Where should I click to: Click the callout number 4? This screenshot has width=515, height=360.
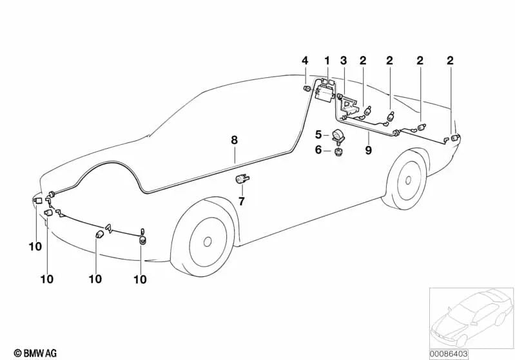click(305, 61)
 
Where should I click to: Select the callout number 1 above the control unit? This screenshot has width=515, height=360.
click(327, 61)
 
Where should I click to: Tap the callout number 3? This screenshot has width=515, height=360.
click(344, 61)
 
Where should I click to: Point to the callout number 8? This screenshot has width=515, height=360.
click(234, 140)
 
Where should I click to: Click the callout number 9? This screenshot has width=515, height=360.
click(368, 150)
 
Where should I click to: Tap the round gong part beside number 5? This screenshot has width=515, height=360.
click(338, 135)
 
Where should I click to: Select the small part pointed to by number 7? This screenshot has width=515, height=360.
click(242, 179)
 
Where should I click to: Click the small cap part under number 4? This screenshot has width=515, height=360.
click(307, 88)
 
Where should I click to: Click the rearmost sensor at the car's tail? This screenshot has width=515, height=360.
click(455, 138)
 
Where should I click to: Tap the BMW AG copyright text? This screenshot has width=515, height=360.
click(35, 353)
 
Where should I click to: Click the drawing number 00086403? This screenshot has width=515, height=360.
click(449, 354)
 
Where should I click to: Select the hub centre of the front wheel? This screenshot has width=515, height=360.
click(208, 242)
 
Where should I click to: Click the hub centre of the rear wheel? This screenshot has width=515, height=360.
click(408, 180)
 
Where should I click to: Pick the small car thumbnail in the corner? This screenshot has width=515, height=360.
click(471, 318)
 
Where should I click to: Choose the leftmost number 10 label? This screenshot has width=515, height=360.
click(35, 247)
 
